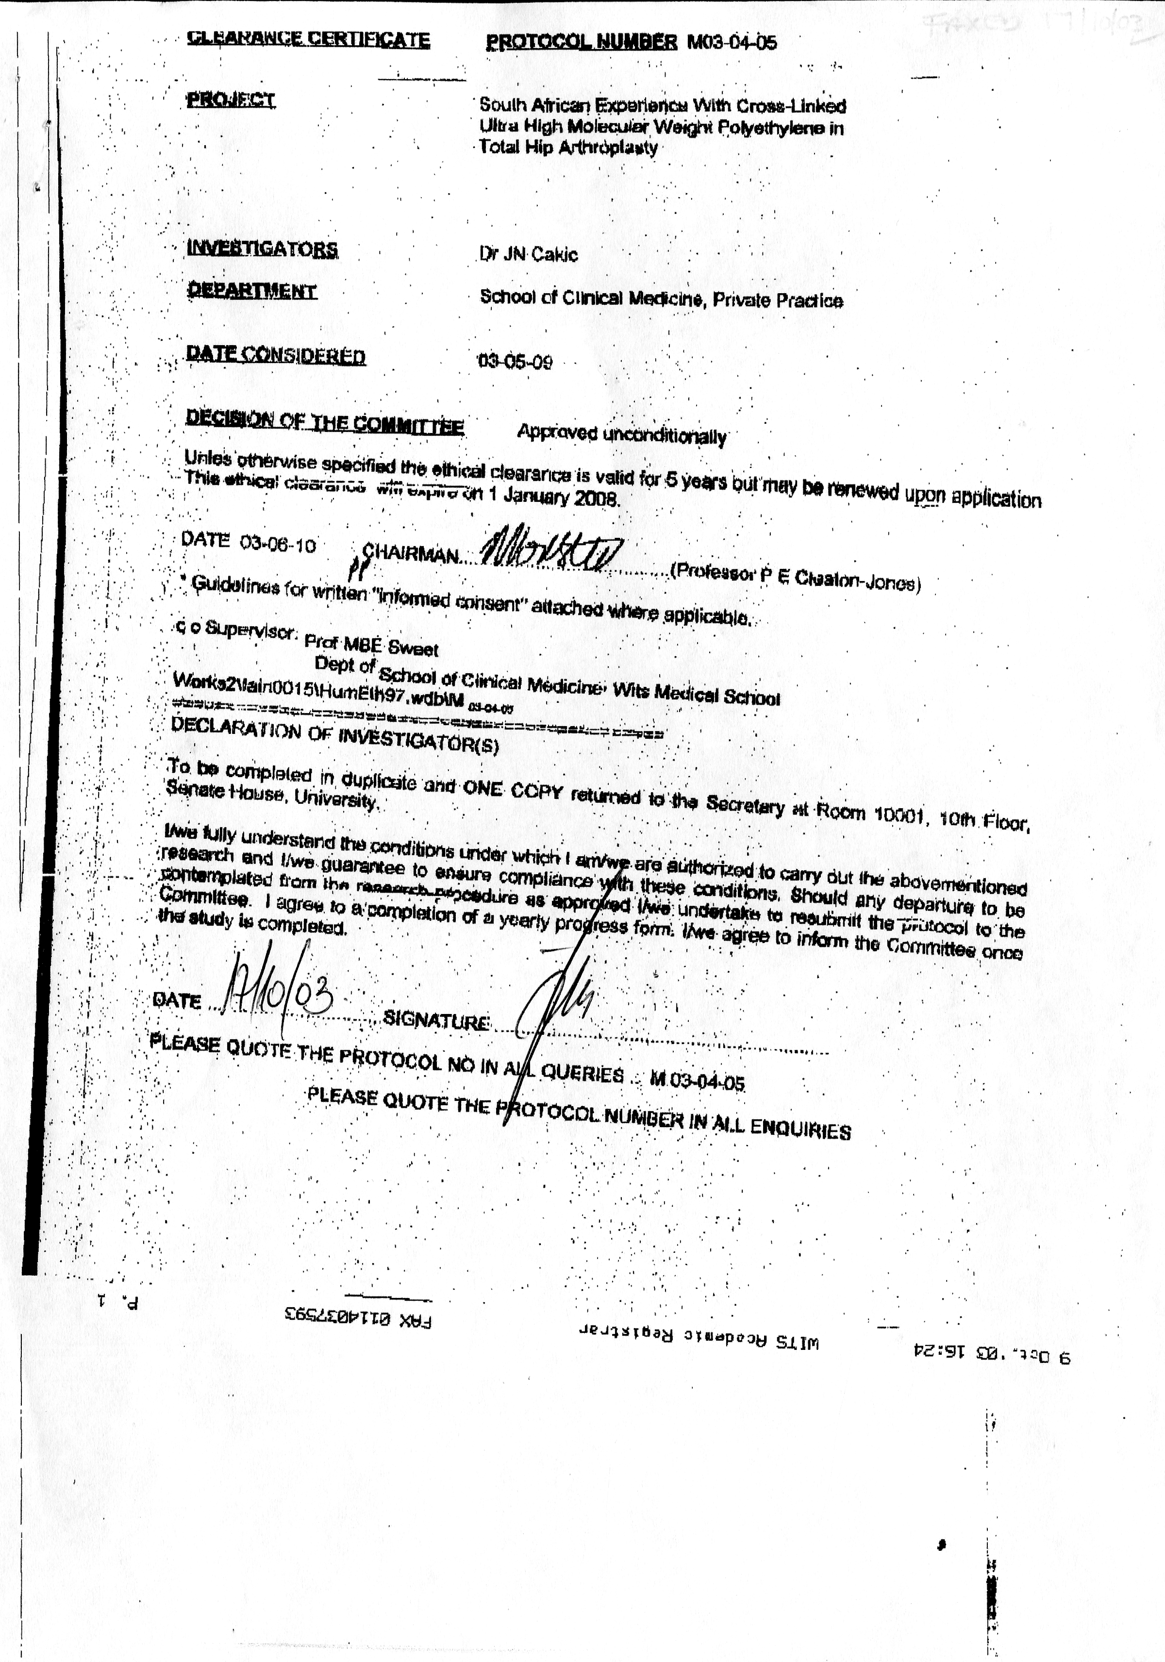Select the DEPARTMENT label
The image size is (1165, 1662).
(251, 291)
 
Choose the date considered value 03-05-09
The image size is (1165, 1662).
(515, 361)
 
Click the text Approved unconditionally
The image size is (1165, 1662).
(621, 434)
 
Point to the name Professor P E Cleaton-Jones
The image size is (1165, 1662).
(797, 578)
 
